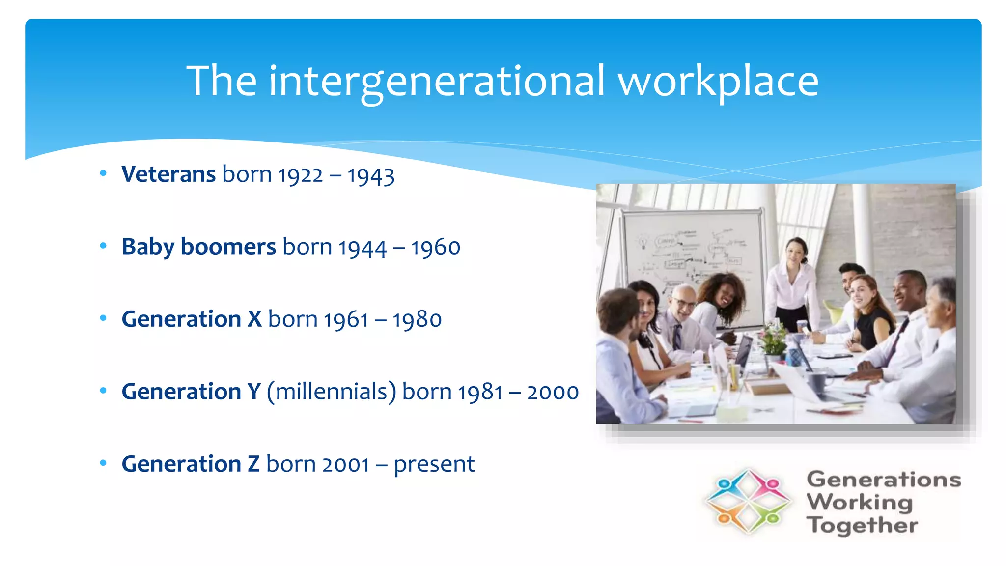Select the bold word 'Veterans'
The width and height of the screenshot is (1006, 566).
point(168,174)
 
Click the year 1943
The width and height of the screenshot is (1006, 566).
point(371,176)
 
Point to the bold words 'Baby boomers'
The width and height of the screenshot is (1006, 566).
point(198,247)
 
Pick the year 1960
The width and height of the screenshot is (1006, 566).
point(436,248)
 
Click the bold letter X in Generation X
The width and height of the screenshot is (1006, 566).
point(254,319)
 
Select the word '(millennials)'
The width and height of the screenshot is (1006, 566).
point(331,392)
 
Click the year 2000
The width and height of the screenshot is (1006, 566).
point(553,393)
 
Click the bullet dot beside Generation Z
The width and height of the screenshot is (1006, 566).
point(103,463)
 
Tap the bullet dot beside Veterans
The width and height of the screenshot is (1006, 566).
point(103,173)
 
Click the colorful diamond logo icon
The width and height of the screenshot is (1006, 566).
point(747,502)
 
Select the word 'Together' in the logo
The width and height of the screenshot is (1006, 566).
point(862,525)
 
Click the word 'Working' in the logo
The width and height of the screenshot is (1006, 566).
point(860,502)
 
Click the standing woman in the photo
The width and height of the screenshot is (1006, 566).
point(792,285)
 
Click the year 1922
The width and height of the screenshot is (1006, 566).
point(300,176)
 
